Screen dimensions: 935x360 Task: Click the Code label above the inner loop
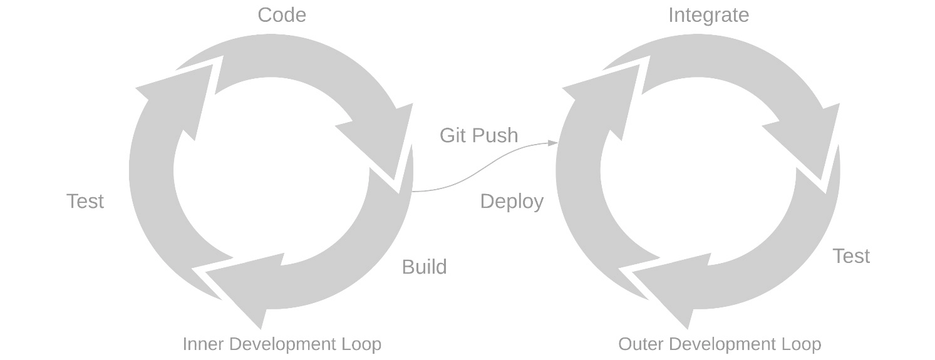pyautogui.click(x=282, y=15)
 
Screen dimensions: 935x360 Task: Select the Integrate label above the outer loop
pyautogui.click(x=709, y=16)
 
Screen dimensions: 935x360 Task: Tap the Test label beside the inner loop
pyautogui.click(x=85, y=201)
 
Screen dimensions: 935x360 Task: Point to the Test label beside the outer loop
pyautogui.click(x=852, y=255)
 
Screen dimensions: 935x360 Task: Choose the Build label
pyautogui.click(x=424, y=267)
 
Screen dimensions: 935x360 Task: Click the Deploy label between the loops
pyautogui.click(x=512, y=202)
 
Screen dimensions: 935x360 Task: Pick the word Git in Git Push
pyautogui.click(x=453, y=135)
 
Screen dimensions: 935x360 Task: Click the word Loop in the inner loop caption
pyautogui.click(x=361, y=344)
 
